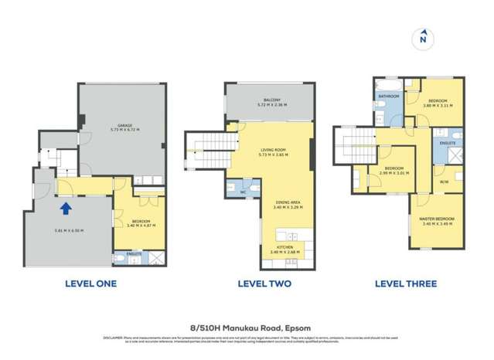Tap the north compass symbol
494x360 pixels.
coord(422,36)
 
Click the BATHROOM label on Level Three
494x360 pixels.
coord(387,97)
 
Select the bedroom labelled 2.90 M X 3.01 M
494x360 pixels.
coord(394,173)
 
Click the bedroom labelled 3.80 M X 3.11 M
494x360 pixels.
coord(438,103)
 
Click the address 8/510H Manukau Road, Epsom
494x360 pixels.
coord(247,326)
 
